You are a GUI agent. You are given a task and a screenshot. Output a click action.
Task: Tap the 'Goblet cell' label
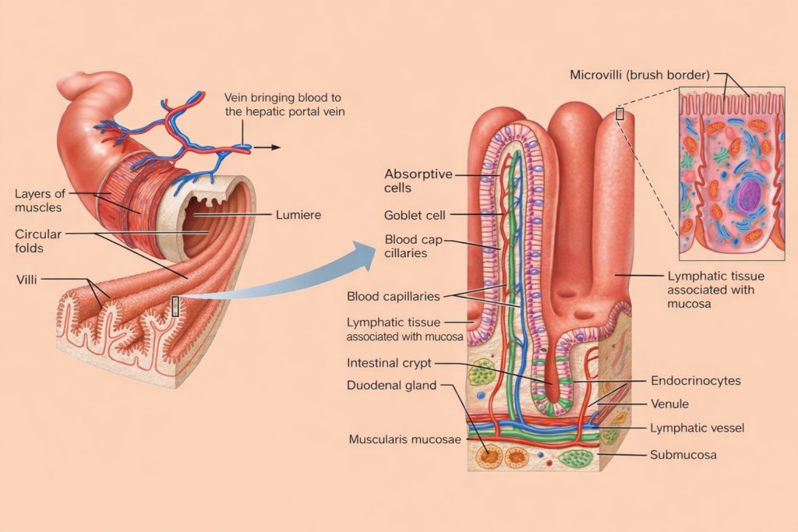(x=415, y=215)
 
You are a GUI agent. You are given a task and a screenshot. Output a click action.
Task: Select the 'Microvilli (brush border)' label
(x=639, y=76)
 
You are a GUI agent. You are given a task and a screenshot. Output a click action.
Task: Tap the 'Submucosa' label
(x=683, y=454)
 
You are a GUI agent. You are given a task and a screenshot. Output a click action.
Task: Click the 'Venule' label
(x=669, y=404)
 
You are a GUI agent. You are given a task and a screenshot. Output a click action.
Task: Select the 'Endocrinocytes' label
(x=695, y=381)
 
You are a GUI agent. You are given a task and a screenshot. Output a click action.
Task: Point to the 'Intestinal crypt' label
(x=388, y=363)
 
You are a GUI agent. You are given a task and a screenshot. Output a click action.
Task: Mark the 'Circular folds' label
(x=37, y=240)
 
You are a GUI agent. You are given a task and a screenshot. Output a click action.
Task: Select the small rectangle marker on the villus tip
(x=620, y=114)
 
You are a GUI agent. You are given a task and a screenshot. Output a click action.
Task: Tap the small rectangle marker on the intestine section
(x=175, y=305)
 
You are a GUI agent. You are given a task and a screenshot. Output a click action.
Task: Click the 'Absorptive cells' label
(x=418, y=181)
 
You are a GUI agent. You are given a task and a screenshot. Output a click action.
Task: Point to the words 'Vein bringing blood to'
(x=283, y=97)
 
